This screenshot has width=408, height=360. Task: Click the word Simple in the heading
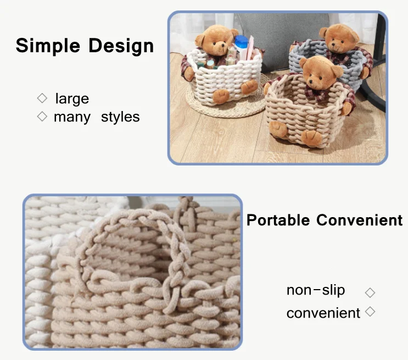(48, 46)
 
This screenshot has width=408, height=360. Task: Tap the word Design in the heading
(121, 46)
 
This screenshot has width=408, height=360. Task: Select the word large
(72, 99)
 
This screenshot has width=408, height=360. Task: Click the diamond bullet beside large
(42, 98)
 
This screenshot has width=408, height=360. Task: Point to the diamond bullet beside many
(42, 117)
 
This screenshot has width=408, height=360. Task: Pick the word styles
(120, 117)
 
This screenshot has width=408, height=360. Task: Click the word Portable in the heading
(278, 220)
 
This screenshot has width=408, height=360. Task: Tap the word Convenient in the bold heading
(360, 220)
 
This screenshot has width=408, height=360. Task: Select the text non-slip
(316, 290)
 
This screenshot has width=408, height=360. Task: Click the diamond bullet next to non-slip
(370, 292)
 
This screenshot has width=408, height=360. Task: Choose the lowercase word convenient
(323, 313)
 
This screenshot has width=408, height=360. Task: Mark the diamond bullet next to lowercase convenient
(370, 311)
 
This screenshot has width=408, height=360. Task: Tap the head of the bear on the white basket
(216, 40)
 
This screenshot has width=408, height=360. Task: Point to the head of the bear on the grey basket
(339, 38)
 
